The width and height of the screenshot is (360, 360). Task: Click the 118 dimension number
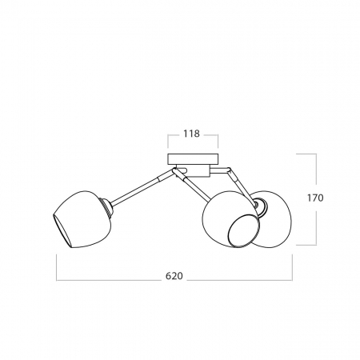191,134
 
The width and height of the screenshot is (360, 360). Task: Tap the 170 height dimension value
315,198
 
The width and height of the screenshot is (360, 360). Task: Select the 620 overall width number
174,276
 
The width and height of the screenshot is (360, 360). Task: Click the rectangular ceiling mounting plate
193,158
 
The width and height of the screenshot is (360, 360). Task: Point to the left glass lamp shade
82,219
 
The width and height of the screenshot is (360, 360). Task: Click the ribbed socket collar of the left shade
106,208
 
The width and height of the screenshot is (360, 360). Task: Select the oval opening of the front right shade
243,231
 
